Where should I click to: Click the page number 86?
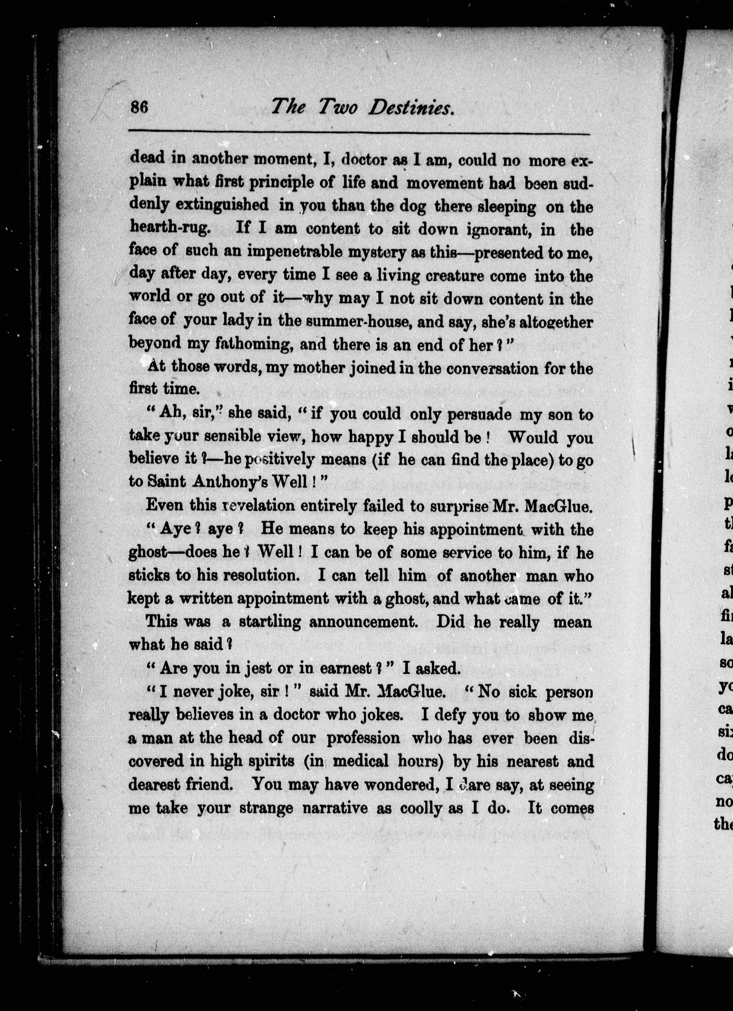(x=139, y=108)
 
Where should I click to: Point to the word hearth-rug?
(x=170, y=229)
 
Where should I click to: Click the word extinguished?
(x=222, y=205)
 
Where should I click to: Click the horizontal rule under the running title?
(x=359, y=131)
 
